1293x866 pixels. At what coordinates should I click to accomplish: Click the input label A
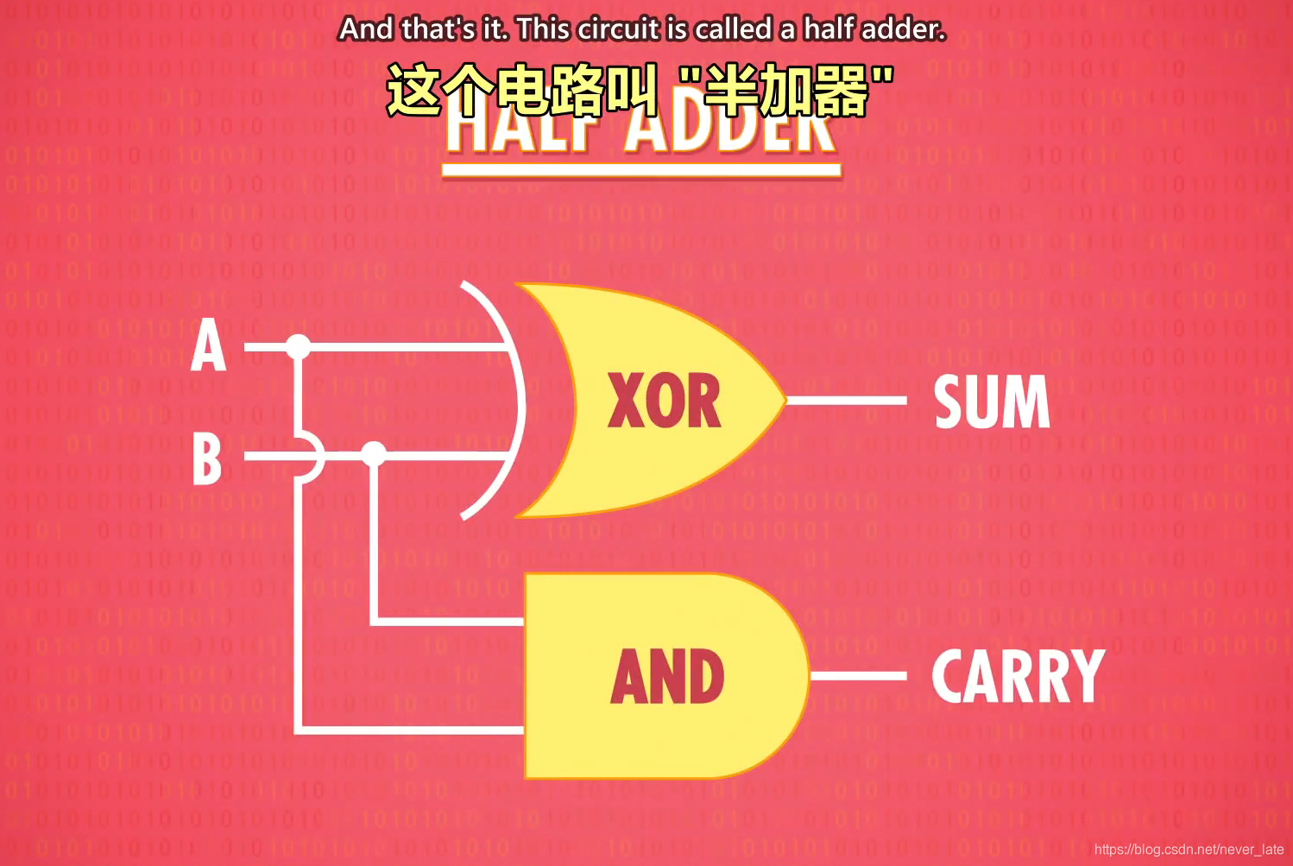209,346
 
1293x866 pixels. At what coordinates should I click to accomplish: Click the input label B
207,458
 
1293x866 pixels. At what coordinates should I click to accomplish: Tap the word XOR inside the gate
664,401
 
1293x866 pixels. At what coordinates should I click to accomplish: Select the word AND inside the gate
667,677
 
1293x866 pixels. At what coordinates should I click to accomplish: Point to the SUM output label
992,401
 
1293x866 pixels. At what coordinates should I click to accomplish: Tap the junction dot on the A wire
298,347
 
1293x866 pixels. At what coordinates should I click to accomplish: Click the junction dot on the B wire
374,453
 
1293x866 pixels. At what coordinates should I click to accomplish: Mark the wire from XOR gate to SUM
846,401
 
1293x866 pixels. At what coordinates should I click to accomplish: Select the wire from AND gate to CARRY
858,676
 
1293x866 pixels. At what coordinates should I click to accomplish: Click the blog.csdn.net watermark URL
1189,850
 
